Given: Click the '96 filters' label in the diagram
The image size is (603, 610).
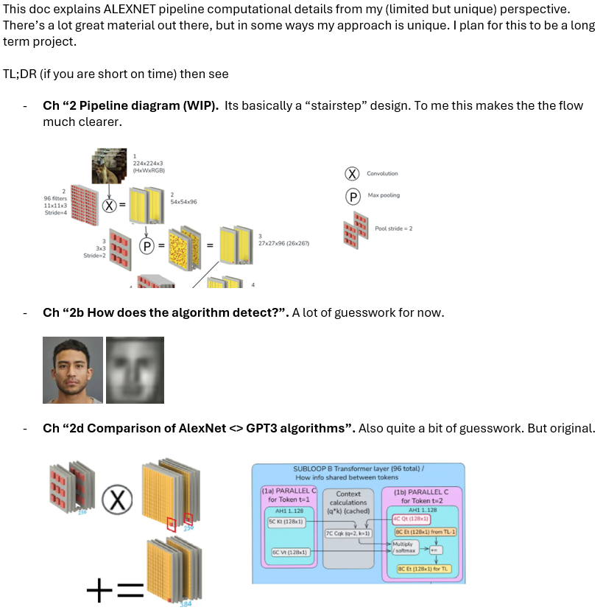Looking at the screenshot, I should [56, 197].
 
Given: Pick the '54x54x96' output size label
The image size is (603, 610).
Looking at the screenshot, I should [183, 201].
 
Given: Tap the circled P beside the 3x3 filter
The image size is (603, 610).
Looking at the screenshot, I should [147, 247].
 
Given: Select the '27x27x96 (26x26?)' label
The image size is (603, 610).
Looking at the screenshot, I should [283, 242].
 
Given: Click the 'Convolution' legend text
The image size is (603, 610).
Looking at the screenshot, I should [381, 173].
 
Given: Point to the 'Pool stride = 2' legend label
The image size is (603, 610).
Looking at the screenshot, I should [393, 228].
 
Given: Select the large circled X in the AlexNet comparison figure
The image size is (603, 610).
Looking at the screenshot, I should [115, 503].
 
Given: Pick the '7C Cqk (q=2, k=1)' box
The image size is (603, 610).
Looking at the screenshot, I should [348, 533].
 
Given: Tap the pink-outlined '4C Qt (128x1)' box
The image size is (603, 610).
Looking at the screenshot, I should [412, 519].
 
